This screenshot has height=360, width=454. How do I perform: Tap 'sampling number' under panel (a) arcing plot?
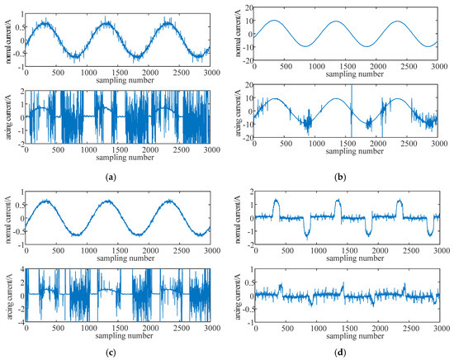[x=118, y=156]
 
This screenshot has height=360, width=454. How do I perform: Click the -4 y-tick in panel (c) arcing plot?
[x=20, y=320]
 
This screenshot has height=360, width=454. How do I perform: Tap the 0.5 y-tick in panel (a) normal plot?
[x=17, y=25]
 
